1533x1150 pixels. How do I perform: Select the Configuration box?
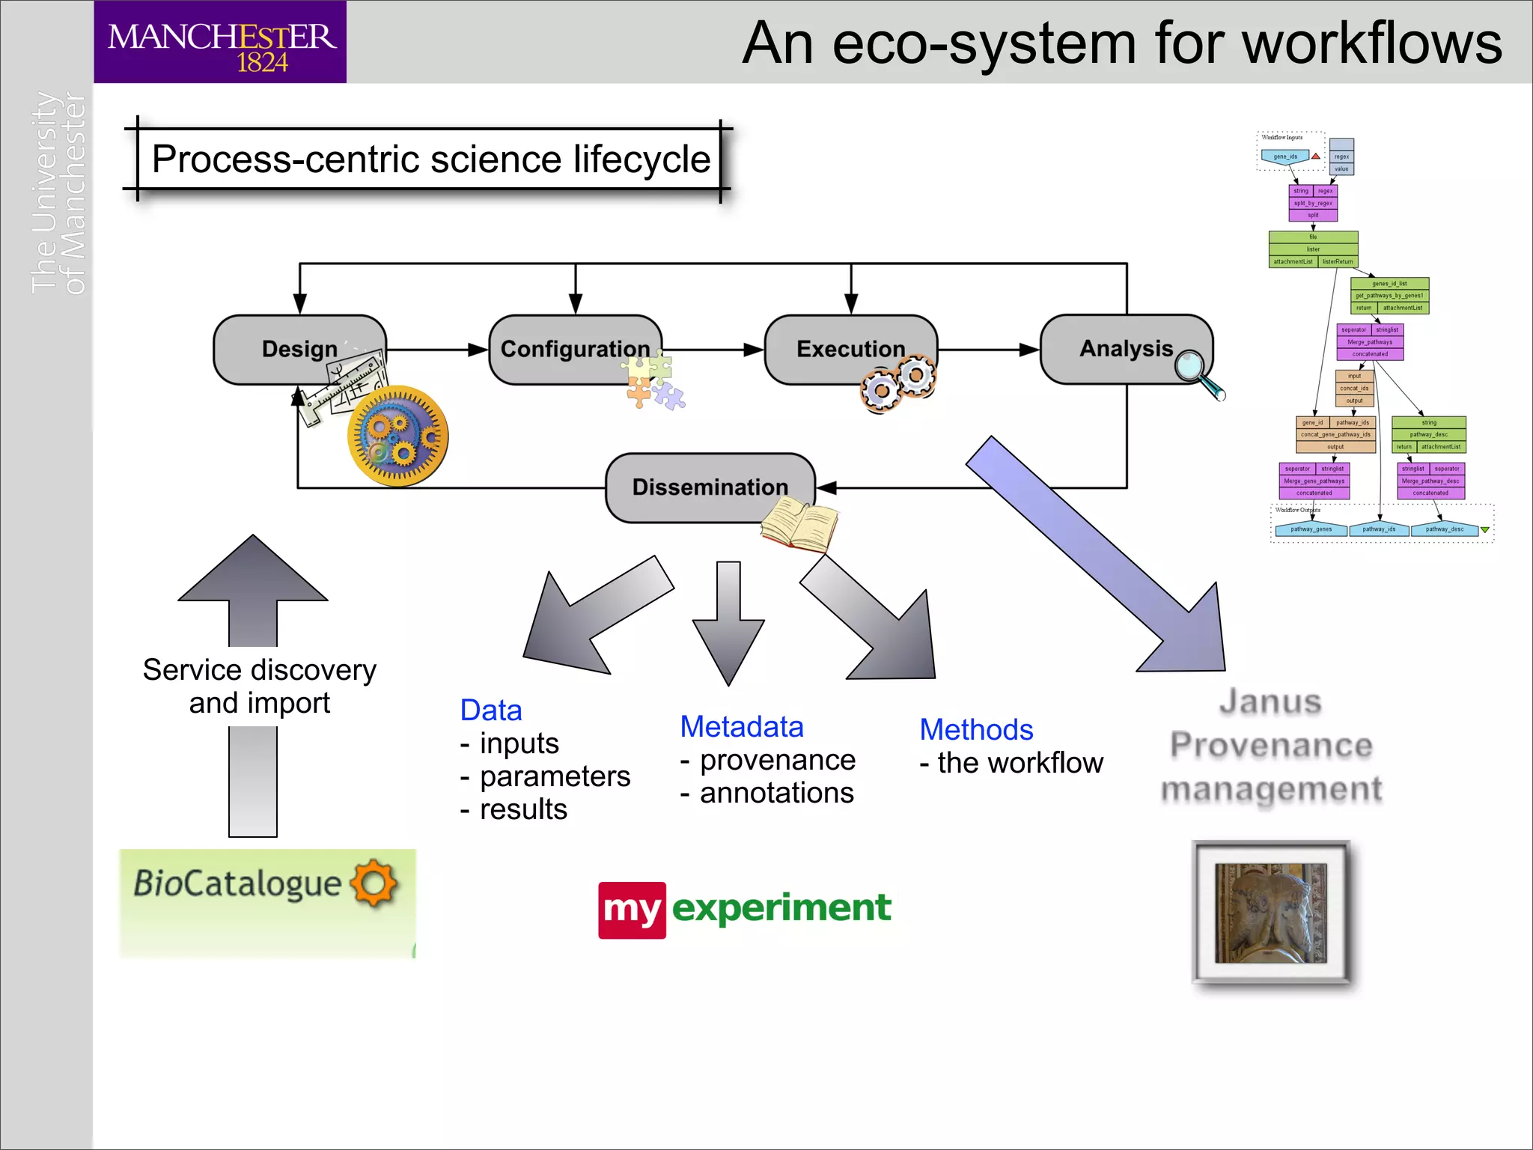point(574,349)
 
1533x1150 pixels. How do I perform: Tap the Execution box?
point(850,349)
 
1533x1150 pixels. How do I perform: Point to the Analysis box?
point(1125,348)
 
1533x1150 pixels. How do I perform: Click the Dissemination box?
point(709,487)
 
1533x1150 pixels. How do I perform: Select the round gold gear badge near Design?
point(397,436)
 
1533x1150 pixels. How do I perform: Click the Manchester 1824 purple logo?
point(220,43)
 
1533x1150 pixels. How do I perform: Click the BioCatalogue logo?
point(267,902)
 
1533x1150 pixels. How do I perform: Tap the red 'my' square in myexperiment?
point(631,910)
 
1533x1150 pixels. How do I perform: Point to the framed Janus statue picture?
point(1270,912)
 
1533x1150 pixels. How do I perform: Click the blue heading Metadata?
point(741,727)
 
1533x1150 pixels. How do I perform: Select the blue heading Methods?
point(975,729)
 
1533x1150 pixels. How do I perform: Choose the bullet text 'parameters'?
point(555,776)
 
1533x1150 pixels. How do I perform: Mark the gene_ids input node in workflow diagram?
point(1284,156)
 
